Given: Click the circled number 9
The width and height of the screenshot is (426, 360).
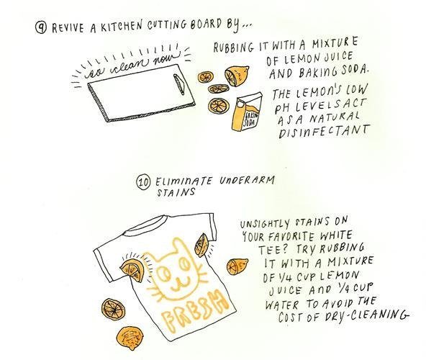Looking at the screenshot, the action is click(41, 27).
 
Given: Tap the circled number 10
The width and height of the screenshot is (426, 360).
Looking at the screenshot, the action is click(143, 182).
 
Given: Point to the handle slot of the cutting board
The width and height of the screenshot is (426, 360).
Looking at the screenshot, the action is click(178, 84).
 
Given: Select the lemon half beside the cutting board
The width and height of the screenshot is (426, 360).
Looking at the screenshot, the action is click(236, 76).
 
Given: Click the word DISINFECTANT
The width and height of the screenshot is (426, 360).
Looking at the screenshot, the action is click(324, 131).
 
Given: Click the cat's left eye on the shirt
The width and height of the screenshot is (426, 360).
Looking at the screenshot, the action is click(166, 273).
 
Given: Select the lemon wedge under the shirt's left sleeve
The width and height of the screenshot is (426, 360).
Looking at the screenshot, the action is click(132, 270).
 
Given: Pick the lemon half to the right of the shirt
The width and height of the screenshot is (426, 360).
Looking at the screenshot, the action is click(237, 266).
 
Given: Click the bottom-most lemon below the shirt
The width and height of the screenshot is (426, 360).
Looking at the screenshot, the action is click(130, 338).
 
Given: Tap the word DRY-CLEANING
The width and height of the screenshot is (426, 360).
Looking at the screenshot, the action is click(367, 315).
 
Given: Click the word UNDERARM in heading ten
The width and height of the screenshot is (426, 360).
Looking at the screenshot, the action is click(247, 181).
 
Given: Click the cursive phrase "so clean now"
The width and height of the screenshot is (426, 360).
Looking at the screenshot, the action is click(132, 65).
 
